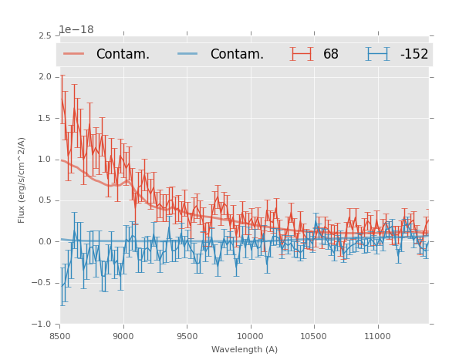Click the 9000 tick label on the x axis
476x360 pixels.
tap(123, 336)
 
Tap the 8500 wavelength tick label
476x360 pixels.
tap(60, 336)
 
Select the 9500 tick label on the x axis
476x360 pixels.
tap(187, 336)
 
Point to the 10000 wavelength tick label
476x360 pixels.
tap(250, 336)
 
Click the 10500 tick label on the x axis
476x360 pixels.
tap(314, 336)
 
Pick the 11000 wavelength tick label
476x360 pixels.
tap(377, 336)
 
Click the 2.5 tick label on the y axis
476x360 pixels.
tap(44, 35)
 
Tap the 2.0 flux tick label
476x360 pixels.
tap(44, 77)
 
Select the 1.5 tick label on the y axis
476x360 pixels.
tap(44, 118)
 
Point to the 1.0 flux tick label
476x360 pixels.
tap(44, 160)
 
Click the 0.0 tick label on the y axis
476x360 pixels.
tap(44, 242)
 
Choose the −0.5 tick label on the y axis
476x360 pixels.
tap(42, 283)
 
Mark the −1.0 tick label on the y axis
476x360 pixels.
tap(42, 325)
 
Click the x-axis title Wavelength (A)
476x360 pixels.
tap(245, 349)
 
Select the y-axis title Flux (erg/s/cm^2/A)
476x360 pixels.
tap(22, 180)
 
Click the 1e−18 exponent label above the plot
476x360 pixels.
tap(76, 30)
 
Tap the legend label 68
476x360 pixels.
tap(331, 55)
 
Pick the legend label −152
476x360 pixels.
tap(414, 55)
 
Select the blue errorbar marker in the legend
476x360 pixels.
tap(377, 54)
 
